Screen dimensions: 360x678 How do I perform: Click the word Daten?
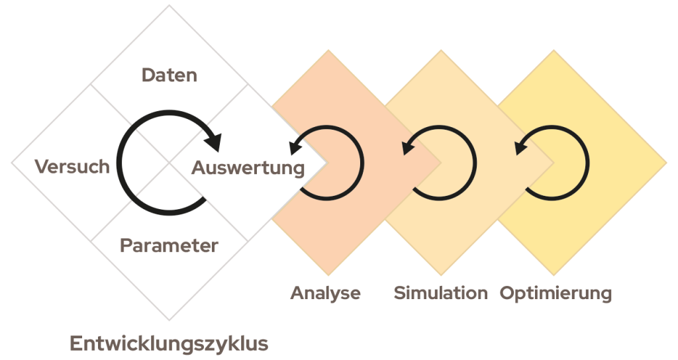tap(169, 75)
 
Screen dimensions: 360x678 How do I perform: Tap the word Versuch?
tap(72, 166)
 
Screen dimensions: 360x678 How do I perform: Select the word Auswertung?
tap(248, 168)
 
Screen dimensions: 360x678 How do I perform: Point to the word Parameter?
tap(169, 246)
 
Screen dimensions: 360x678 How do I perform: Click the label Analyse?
tap(325, 292)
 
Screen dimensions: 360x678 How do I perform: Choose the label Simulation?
tap(440, 292)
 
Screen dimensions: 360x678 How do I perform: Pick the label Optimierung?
tap(555, 292)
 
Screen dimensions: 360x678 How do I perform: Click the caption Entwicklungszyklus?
tap(169, 344)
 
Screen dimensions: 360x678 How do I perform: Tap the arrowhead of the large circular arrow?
tap(213, 141)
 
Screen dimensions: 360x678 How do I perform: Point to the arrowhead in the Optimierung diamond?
tap(521, 144)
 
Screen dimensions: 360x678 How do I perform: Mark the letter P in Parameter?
tap(126, 246)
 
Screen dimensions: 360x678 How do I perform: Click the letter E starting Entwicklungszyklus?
tap(75, 344)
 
